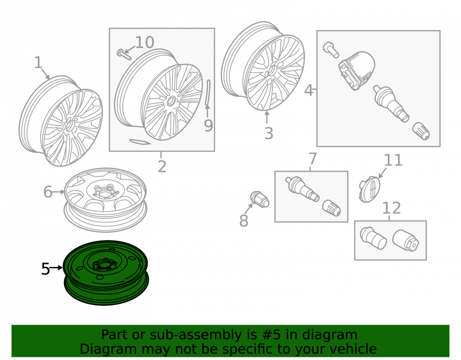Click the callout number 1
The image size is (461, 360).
click(39, 63)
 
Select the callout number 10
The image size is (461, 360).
click(144, 42)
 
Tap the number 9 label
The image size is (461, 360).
click(208, 126)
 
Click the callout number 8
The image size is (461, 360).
click(244, 221)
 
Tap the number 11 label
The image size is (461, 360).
click(393, 160)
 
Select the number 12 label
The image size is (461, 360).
click(391, 208)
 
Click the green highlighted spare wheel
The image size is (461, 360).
click(106, 273)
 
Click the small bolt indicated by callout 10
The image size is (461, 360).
click(124, 54)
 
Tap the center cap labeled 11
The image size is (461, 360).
click(369, 189)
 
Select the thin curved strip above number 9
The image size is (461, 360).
click(208, 93)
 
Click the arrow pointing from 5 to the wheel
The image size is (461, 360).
click(56, 267)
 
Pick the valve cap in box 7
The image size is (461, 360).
click(331, 208)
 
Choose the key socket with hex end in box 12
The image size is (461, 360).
click(406, 241)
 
